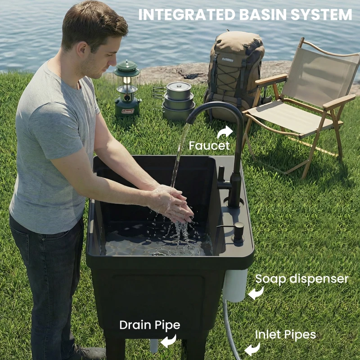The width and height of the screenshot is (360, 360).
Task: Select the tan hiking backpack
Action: click(x=234, y=72)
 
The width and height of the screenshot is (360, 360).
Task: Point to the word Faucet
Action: click(x=209, y=146)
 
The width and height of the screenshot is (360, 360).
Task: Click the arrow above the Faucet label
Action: click(x=225, y=132)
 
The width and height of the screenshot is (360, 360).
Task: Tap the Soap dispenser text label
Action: click(x=301, y=279)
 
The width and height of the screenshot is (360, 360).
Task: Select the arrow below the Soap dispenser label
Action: click(x=256, y=293)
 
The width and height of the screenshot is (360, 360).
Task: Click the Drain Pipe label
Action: click(x=149, y=325)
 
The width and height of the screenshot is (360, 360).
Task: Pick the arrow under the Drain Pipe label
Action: click(x=168, y=341)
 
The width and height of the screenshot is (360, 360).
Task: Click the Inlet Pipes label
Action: click(x=285, y=335)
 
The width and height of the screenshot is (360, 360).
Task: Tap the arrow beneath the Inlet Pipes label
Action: click(x=252, y=349)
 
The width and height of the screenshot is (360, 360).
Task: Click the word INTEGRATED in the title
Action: click(x=185, y=14)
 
